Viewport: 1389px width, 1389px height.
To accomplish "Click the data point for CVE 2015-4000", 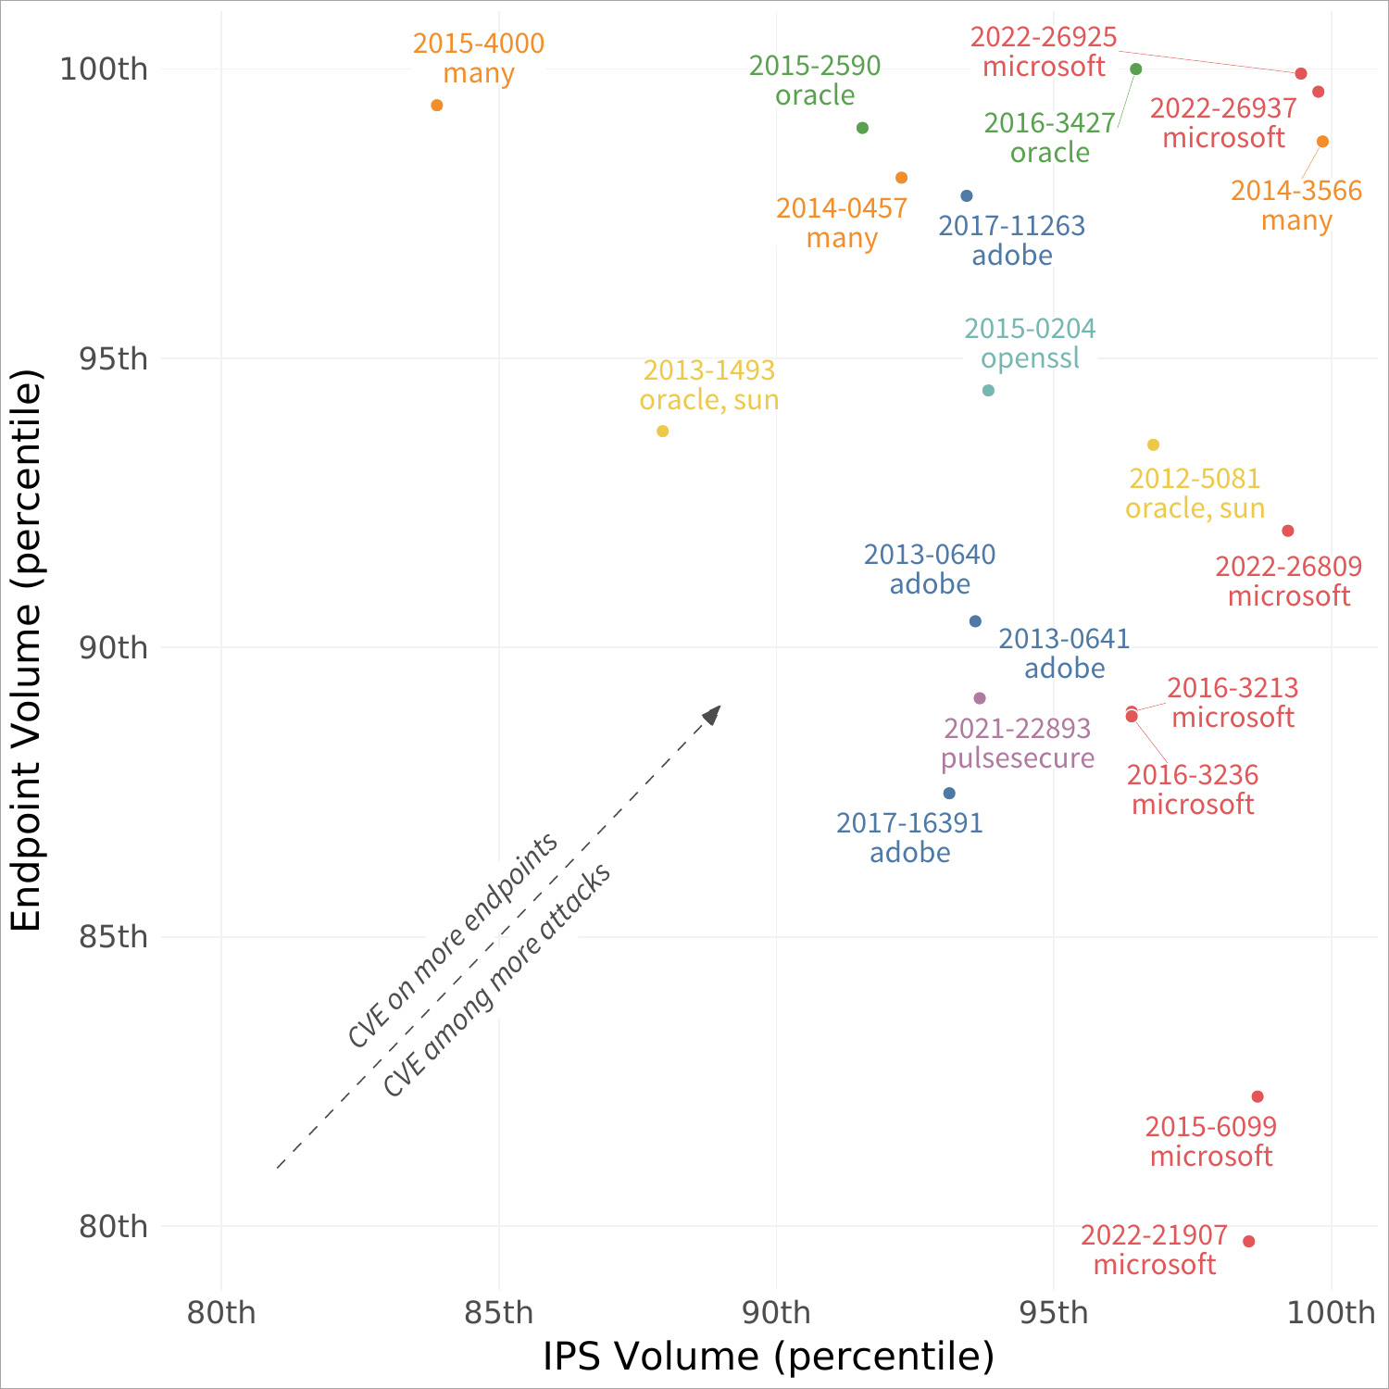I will coord(437,106).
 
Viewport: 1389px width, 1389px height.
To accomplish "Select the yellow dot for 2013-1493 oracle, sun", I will coord(663,432).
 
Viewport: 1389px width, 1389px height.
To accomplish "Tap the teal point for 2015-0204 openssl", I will coord(988,391).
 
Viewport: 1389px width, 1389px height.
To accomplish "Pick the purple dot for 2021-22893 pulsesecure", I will coord(980,698).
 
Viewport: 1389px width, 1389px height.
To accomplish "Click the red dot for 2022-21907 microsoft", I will coord(1249,1242).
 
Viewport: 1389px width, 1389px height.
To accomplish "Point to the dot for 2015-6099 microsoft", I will coord(1258,1097).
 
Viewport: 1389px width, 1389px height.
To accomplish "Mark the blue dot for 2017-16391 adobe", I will coord(949,794).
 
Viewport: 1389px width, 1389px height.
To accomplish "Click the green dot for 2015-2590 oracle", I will coord(863,128).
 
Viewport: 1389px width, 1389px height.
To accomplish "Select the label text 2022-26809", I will coord(1289,566).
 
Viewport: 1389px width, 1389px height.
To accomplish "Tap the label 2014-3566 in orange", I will coord(1296,191).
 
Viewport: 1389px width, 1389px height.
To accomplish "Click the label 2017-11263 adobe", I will coord(1012,240).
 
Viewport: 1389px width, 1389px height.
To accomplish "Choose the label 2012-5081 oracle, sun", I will coord(1195,494).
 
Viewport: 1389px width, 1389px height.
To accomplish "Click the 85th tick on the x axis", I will coord(499,1312).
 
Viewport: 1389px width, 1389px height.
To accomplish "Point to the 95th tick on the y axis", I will coord(113,358).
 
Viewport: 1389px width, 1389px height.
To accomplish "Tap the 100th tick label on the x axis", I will coord(1332,1312).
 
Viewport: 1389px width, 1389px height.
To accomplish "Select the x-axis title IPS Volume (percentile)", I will coord(769,1357).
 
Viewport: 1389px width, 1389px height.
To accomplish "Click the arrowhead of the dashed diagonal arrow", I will coord(712,714).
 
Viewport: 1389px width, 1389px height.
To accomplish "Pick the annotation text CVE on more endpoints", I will coord(453,940).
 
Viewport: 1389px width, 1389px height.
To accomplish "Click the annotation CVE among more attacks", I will coord(497,981).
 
